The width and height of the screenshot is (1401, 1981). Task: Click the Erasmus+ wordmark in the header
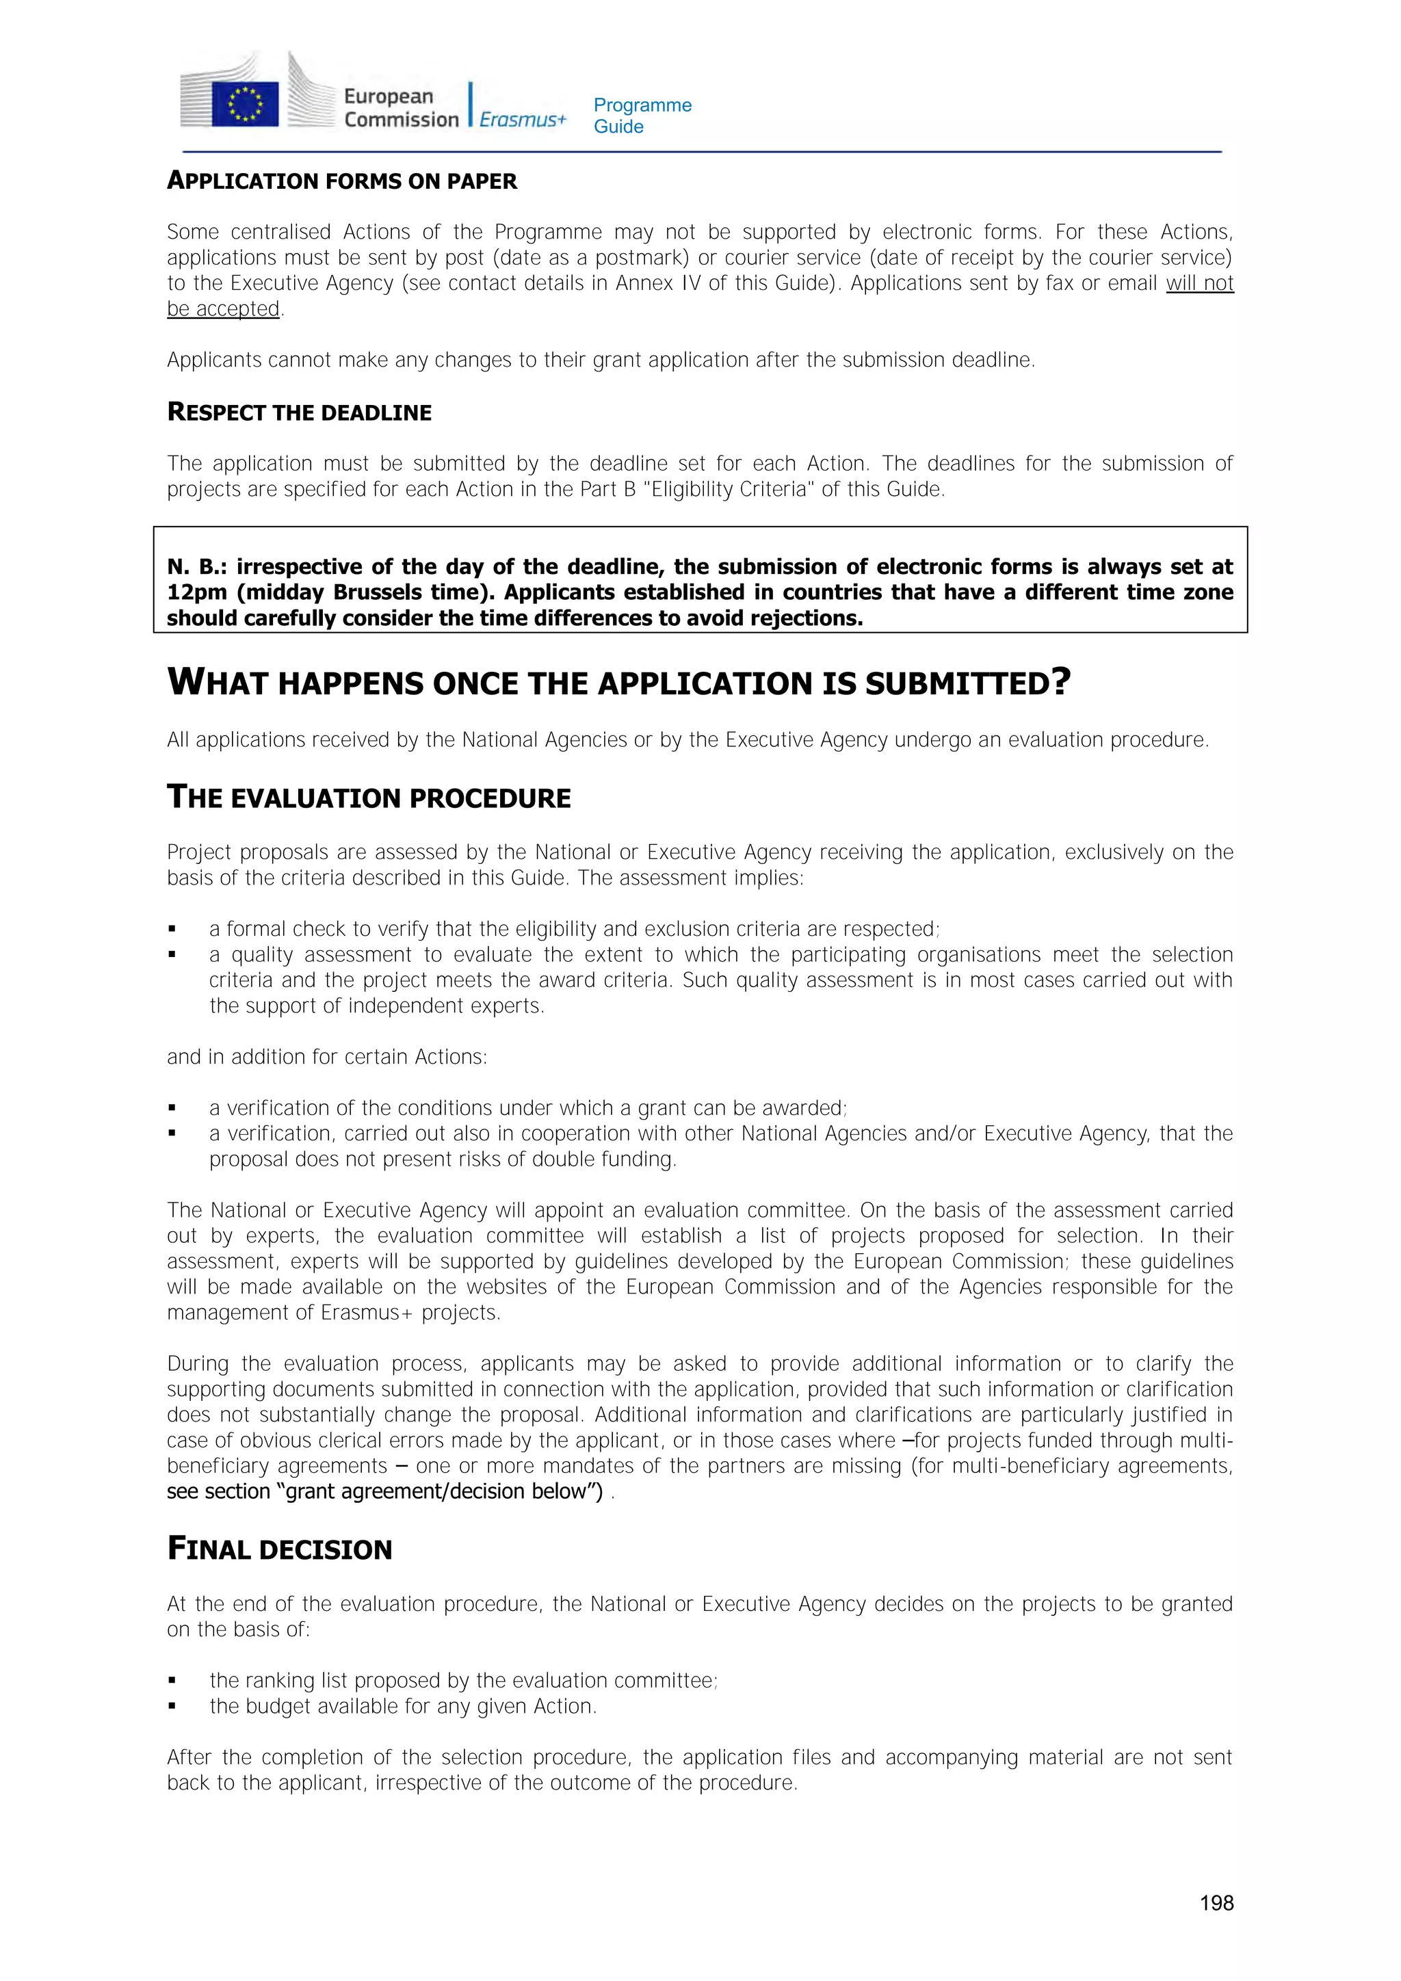tap(522, 119)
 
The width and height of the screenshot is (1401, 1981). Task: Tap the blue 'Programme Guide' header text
tap(642, 116)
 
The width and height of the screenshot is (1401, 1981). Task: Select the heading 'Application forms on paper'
tap(341, 181)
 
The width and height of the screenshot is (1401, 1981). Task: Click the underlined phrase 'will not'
tap(1199, 283)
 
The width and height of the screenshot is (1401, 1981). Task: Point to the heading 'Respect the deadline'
tap(300, 412)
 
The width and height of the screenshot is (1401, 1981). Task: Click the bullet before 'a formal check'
tap(172, 929)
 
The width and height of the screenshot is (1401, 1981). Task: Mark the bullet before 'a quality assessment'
tap(172, 955)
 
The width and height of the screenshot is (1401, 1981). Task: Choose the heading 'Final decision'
tap(280, 1549)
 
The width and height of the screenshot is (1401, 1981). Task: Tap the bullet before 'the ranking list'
tap(172, 1681)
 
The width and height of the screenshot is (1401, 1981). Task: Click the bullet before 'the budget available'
tap(172, 1707)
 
